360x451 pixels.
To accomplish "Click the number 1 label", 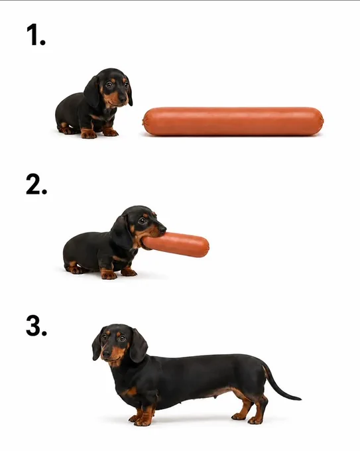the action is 36,34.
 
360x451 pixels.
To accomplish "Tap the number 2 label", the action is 36,184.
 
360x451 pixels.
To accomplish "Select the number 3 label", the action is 36,326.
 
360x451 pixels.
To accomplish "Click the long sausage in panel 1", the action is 233,121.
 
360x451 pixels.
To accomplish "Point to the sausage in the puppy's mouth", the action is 176,245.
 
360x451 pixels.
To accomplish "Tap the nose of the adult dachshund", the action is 106,354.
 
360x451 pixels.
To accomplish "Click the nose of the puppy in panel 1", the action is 123,99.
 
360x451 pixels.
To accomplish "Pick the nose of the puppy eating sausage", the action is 162,229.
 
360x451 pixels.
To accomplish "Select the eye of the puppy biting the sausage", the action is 142,221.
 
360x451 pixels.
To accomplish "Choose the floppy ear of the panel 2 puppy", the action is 121,233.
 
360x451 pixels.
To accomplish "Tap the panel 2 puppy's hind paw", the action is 74,269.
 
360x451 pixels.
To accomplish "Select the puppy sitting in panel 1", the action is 93,103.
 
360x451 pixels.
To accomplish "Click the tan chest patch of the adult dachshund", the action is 131,392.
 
